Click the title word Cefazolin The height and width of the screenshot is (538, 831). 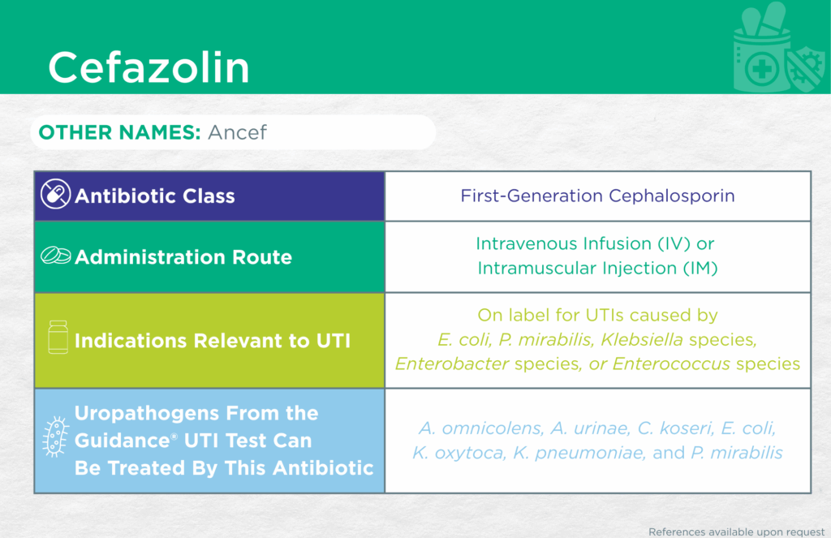[149, 67]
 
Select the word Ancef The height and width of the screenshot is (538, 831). [237, 132]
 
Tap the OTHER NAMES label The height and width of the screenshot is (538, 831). [119, 132]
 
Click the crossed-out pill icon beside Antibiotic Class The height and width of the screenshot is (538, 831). [56, 194]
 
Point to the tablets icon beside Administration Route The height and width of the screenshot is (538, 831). [56, 256]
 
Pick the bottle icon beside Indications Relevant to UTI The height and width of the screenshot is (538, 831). [58, 337]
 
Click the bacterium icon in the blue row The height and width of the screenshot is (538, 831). [56, 437]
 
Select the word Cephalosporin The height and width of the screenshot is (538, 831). [671, 196]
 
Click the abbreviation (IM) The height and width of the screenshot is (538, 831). [700, 269]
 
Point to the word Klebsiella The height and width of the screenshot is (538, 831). [642, 339]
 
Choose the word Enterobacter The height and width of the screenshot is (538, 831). [452, 364]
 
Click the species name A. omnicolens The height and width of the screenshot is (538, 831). [480, 428]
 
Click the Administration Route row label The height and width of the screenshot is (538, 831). [183, 257]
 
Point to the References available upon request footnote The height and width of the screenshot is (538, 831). [737, 532]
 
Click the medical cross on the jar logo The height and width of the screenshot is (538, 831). [762, 70]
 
